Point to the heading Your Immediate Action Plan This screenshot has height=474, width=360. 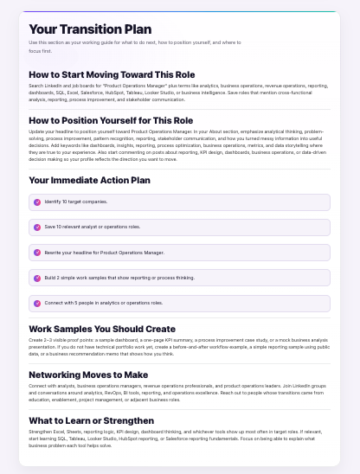click(x=89, y=180)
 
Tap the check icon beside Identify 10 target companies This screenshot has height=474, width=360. click(x=36, y=202)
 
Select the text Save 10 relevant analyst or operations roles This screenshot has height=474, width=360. click(x=92, y=227)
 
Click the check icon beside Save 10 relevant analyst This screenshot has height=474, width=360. click(x=36, y=227)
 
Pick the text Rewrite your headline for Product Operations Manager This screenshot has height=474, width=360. click(x=104, y=253)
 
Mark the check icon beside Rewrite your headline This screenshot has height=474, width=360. click(x=36, y=253)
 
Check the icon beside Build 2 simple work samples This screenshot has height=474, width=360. click(x=36, y=278)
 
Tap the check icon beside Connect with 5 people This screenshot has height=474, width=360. click(x=36, y=303)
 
